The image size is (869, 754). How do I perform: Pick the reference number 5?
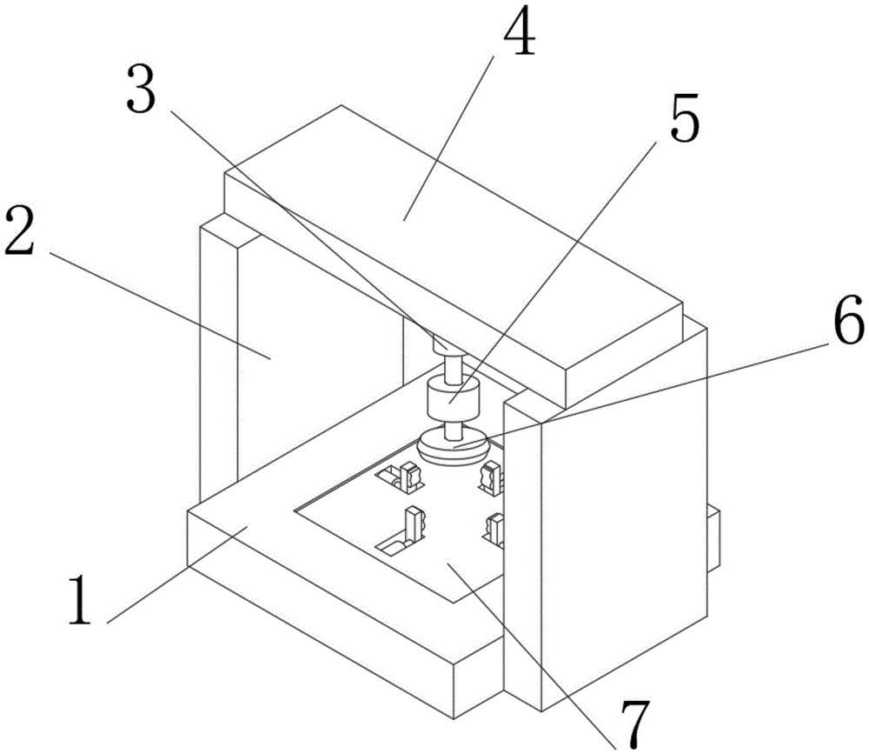pyautogui.click(x=683, y=121)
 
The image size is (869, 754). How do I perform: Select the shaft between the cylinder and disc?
pyautogui.click(x=452, y=429)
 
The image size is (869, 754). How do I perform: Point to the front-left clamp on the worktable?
pyautogui.click(x=415, y=524)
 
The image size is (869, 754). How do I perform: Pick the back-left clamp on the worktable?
pyautogui.click(x=407, y=475)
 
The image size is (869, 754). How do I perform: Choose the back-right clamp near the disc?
pyautogui.click(x=492, y=476)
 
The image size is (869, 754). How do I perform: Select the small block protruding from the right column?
pyautogui.click(x=713, y=539)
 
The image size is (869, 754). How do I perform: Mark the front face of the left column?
pyautogui.click(x=218, y=365)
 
